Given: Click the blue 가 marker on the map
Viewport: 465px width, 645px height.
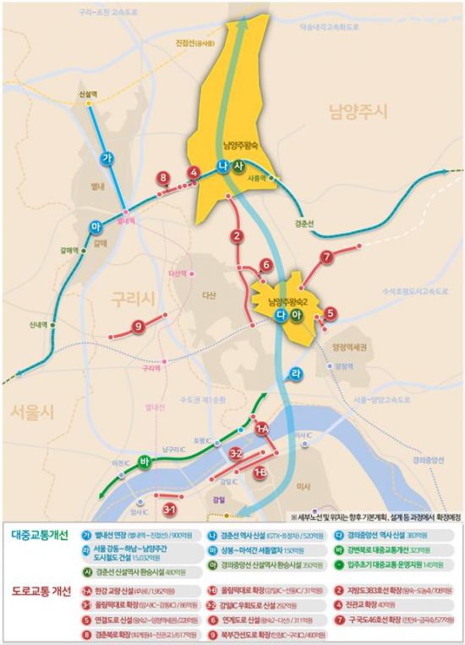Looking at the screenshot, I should pos(107,159).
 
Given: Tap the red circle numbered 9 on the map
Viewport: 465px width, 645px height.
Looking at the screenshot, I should pos(137,327).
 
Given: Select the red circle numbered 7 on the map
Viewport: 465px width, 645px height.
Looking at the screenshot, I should pos(326,257).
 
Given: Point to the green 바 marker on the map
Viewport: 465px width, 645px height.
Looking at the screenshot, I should pos(145,460).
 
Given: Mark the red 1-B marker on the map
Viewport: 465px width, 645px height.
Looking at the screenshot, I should pos(260,472).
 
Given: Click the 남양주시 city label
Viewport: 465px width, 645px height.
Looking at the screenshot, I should pos(357,112).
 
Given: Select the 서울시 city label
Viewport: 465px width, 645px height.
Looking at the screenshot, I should pos(32,411).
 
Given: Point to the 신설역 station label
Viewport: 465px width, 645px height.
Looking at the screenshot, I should pos(85,95).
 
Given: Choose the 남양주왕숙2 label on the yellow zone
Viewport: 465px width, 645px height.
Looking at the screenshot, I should pos(288,301).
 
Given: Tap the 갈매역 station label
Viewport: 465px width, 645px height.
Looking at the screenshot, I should pos(69,250).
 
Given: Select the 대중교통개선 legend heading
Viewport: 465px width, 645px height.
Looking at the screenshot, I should pos(42,535).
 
